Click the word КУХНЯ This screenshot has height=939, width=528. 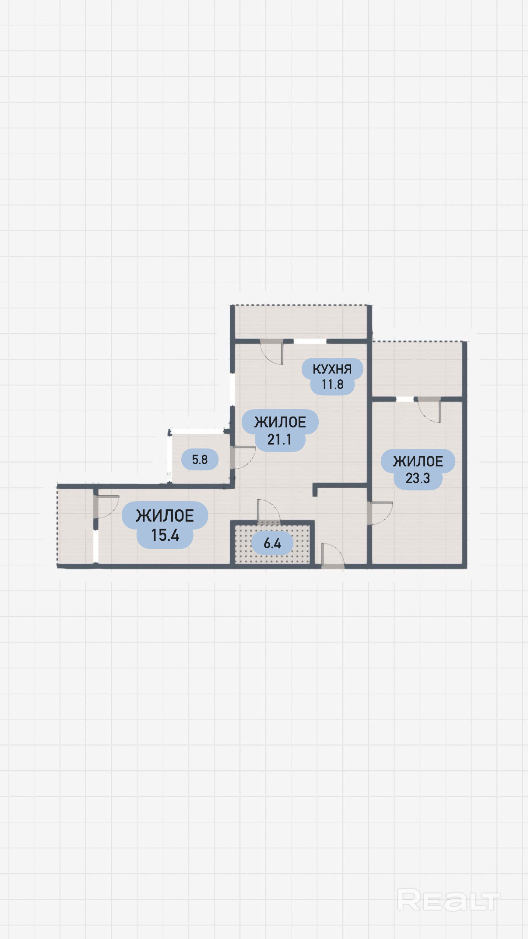tap(332, 369)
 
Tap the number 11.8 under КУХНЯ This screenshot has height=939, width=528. tap(332, 385)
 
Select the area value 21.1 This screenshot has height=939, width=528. tap(279, 439)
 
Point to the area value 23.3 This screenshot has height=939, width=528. tap(418, 478)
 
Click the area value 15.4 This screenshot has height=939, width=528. tap(165, 535)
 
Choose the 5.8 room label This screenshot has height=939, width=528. tap(200, 459)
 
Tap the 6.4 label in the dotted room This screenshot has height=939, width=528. tap(272, 544)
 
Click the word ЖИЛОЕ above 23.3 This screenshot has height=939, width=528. tap(418, 461)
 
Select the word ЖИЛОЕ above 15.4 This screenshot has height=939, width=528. tap(165, 515)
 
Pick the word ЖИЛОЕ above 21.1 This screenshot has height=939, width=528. tap(280, 422)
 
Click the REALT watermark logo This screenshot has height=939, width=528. tap(448, 900)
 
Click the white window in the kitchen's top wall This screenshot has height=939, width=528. tap(310, 341)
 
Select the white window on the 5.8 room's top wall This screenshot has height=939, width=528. tap(197, 431)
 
